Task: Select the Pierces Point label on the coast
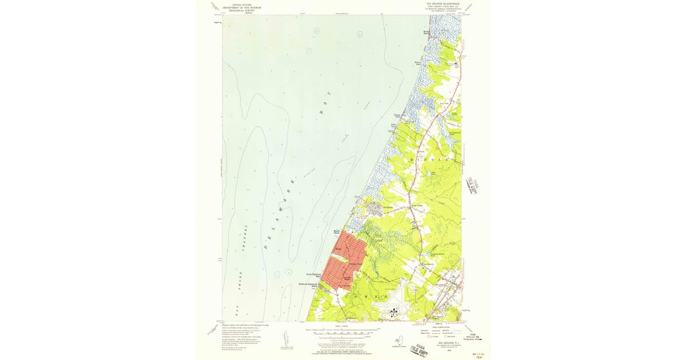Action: click(409, 117)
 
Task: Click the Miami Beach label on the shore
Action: click(337, 231)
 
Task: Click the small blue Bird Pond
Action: click(433, 172)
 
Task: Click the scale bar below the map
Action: click(342, 330)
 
